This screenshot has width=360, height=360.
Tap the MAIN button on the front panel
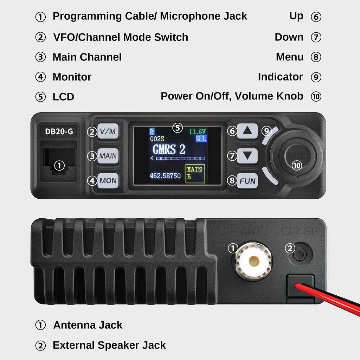(x=108, y=156)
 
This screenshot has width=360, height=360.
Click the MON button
(x=108, y=181)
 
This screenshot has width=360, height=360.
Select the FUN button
(x=247, y=181)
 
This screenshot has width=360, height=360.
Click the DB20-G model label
(x=59, y=131)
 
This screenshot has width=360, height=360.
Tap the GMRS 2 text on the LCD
(x=168, y=149)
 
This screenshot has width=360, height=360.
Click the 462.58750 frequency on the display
(x=165, y=175)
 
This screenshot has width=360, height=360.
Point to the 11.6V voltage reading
(x=197, y=132)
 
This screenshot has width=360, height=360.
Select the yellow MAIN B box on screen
(x=195, y=173)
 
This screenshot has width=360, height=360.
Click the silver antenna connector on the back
(x=253, y=261)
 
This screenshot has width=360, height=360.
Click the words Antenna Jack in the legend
(x=88, y=325)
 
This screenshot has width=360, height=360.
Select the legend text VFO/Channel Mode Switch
(x=121, y=37)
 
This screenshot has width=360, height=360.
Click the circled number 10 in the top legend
(x=316, y=96)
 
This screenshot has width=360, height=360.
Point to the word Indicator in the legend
(x=280, y=77)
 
